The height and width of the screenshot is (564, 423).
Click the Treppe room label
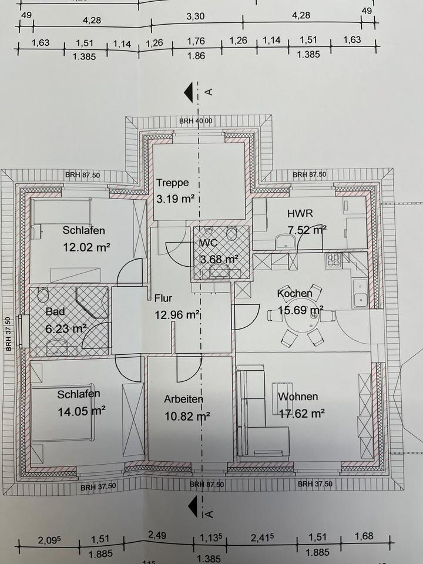[173, 183]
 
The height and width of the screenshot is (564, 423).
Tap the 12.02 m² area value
[87, 247]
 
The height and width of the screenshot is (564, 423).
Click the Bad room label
[55, 311]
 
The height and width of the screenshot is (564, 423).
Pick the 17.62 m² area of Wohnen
[301, 414]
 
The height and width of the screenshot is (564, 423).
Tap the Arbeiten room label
[183, 399]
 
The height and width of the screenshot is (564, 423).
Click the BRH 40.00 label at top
[196, 120]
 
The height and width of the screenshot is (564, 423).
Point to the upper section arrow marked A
[189, 92]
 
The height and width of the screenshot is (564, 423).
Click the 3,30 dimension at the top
[196, 16]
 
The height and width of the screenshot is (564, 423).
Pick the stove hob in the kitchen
[333, 260]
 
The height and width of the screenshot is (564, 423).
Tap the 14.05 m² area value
[82, 411]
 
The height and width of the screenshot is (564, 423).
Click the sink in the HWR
[287, 241]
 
